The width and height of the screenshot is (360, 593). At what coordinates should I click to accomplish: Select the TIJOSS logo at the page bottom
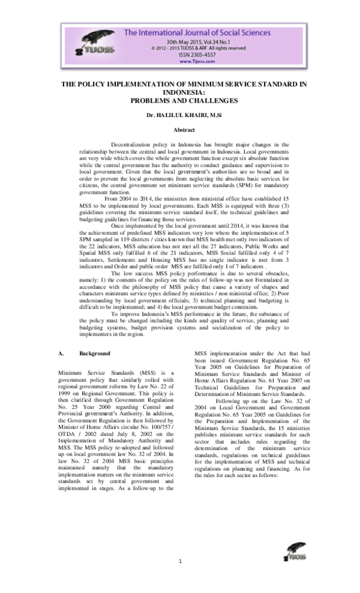point(296,552)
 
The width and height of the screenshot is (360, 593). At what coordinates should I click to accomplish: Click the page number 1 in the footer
point(180,561)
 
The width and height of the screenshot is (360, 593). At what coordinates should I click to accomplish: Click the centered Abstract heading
point(180,130)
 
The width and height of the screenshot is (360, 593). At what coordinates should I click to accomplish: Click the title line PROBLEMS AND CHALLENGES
point(180,100)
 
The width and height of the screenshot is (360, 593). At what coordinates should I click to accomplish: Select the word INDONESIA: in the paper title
point(180,92)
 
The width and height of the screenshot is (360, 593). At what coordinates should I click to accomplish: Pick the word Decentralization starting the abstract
point(133,145)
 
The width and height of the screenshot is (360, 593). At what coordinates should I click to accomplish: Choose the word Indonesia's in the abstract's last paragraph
point(158,314)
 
